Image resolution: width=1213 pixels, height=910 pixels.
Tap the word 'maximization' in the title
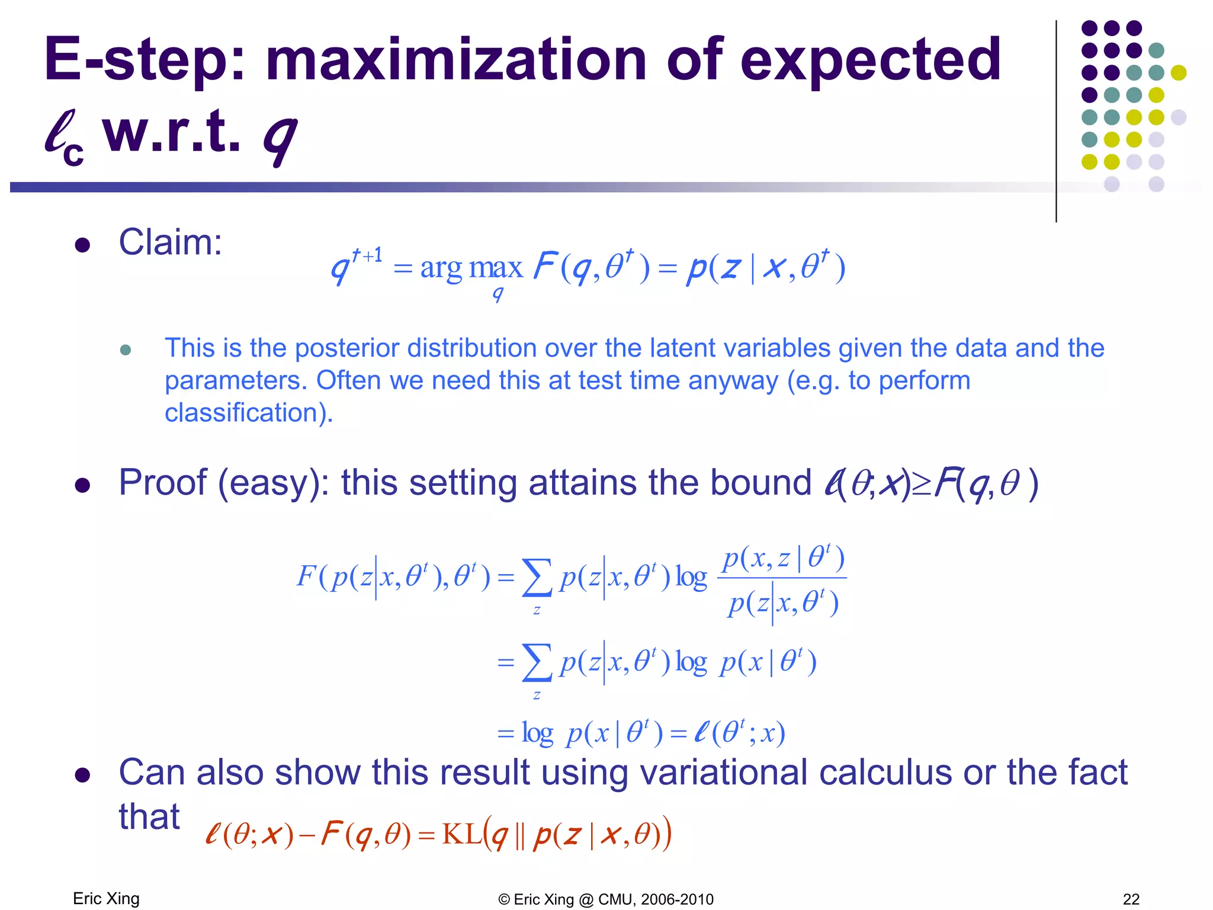(x=456, y=59)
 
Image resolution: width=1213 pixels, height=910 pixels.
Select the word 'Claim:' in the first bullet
(x=171, y=242)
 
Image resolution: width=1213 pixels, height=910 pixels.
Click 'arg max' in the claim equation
(x=471, y=268)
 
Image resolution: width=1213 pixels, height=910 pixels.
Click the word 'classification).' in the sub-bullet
(x=249, y=413)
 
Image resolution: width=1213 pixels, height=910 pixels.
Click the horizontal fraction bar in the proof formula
(x=782, y=578)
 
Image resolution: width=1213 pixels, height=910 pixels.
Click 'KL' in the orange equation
(x=462, y=834)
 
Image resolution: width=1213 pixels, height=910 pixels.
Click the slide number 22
(x=1131, y=899)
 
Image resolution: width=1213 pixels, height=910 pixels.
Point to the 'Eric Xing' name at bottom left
(x=106, y=899)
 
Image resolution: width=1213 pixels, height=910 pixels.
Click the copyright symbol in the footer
(x=504, y=900)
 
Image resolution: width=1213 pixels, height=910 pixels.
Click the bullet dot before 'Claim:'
(x=82, y=245)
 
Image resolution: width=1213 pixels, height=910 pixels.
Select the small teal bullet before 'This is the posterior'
(x=125, y=350)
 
